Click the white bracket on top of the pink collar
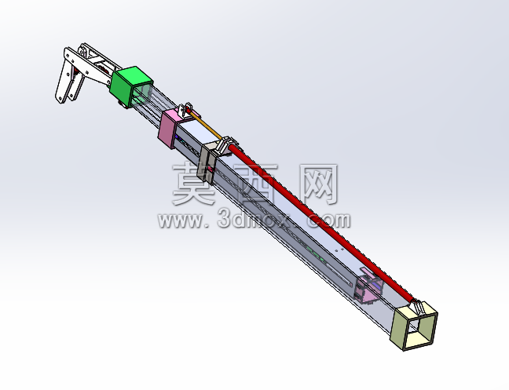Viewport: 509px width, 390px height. coord(185,110)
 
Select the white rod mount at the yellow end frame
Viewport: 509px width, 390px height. coord(419,308)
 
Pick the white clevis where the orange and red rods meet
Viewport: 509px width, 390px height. coord(227,145)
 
